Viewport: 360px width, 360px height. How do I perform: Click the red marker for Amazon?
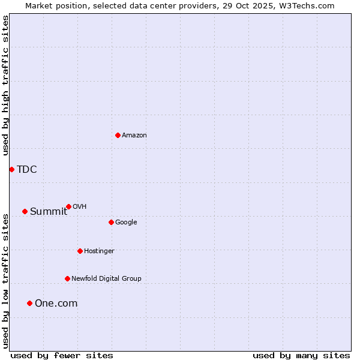click(118, 135)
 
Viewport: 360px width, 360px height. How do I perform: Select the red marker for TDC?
click(11, 169)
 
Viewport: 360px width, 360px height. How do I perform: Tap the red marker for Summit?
click(25, 211)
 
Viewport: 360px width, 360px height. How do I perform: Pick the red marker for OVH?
click(68, 206)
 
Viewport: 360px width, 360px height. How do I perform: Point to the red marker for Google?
click(111, 222)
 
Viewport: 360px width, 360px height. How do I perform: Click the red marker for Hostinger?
click(80, 251)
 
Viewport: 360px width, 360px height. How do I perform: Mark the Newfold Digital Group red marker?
click(67, 278)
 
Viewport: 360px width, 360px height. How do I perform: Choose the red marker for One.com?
click(29, 303)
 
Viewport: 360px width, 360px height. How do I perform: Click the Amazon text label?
click(134, 135)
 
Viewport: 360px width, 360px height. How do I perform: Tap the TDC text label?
click(27, 169)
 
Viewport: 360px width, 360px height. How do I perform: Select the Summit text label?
click(49, 211)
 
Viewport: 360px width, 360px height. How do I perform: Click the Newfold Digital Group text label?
click(106, 278)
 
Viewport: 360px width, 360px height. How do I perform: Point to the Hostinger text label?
click(99, 251)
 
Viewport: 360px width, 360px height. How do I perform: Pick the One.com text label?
click(56, 303)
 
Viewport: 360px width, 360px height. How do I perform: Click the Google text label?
click(126, 222)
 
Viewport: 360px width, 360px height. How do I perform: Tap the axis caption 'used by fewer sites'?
click(62, 355)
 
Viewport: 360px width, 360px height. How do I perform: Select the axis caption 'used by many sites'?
click(301, 355)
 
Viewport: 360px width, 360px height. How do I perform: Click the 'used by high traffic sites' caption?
click(5, 85)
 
